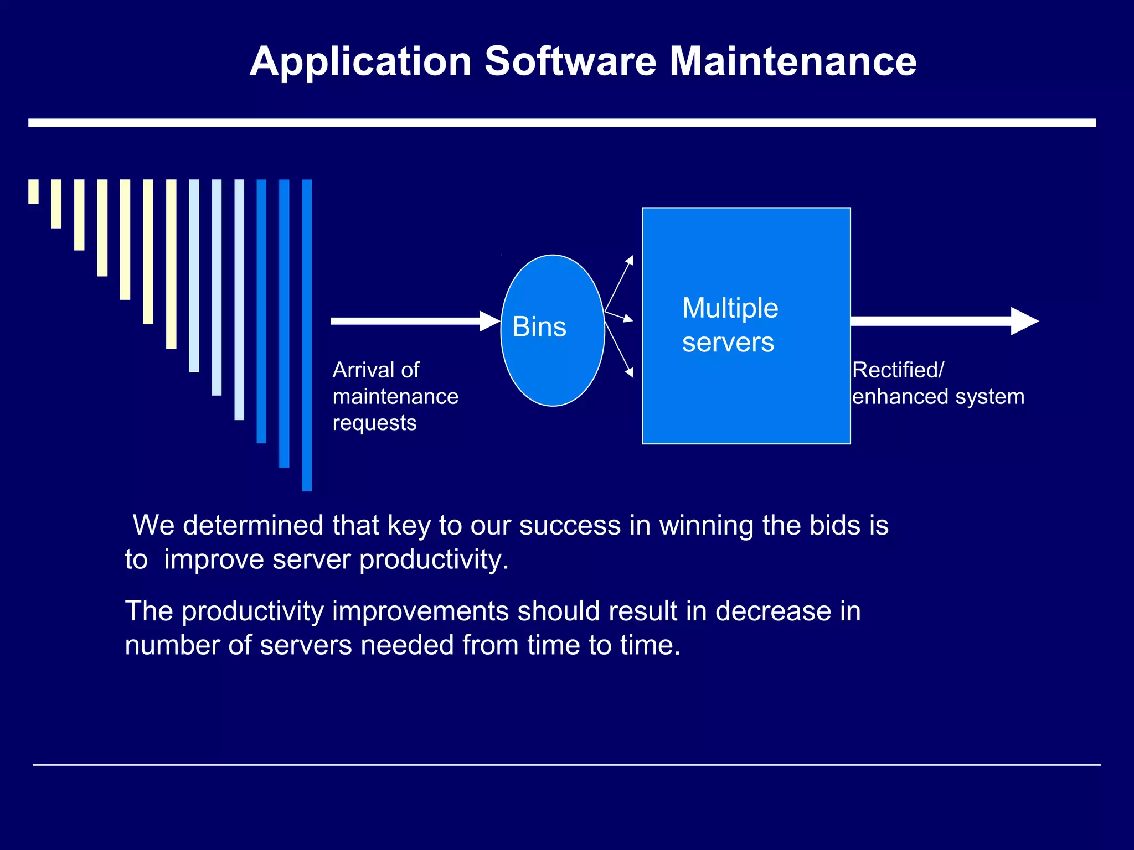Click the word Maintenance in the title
(x=793, y=61)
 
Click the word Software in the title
(x=570, y=61)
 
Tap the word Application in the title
(x=360, y=62)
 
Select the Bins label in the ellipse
(x=539, y=326)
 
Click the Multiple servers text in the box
(x=729, y=325)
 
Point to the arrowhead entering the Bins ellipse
(x=489, y=321)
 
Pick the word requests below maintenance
(x=374, y=423)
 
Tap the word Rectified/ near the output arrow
(x=898, y=370)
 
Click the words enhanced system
(x=938, y=397)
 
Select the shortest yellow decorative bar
(x=33, y=191)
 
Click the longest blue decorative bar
(x=307, y=335)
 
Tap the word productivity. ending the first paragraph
(x=434, y=559)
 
